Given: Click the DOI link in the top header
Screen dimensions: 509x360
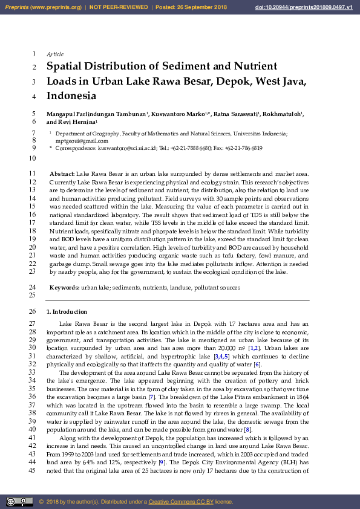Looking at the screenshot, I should click(x=307, y=7).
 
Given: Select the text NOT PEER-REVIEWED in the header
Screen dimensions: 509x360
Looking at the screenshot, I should click(x=119, y=7).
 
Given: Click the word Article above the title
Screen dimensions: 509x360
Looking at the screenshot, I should click(x=55, y=54).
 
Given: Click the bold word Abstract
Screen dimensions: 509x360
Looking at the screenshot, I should click(x=62, y=173).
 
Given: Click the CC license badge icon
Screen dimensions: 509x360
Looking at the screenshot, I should click(x=19, y=502).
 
